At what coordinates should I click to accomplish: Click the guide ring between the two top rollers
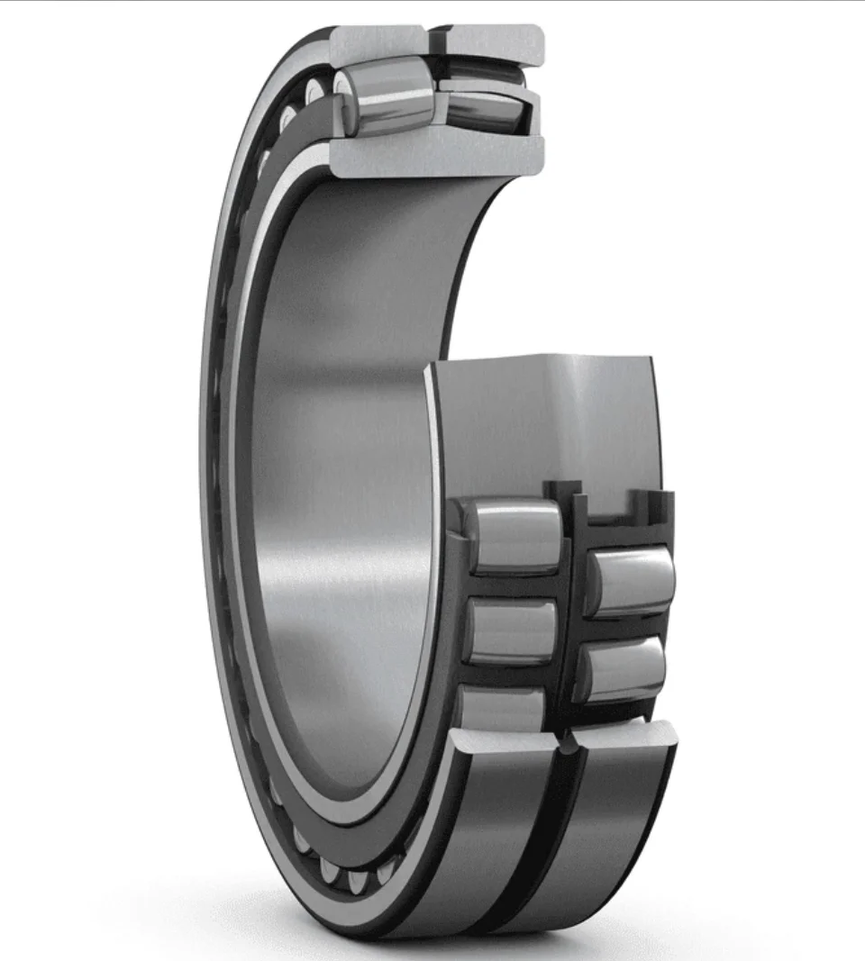440,99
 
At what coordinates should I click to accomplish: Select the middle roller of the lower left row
509,630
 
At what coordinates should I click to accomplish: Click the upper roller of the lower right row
631,581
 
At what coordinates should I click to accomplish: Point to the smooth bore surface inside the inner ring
342,450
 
